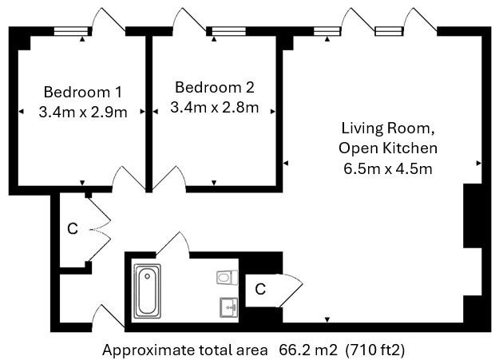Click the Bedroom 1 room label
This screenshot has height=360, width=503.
(x=82, y=91)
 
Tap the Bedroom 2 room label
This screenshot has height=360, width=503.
(x=214, y=86)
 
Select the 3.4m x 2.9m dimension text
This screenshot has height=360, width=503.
(x=82, y=112)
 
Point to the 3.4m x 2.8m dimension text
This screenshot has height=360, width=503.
(x=214, y=107)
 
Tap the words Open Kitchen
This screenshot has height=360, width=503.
(x=388, y=148)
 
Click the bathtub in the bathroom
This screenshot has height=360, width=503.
(x=146, y=291)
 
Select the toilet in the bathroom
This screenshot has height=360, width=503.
(x=226, y=277)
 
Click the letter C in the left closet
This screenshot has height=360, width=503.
(x=72, y=230)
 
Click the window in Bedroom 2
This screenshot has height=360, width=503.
(x=228, y=31)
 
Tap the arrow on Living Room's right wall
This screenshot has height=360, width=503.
(x=478, y=163)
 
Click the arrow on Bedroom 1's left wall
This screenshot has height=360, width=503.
(x=20, y=112)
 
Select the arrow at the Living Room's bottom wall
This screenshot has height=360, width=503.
(x=327, y=321)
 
